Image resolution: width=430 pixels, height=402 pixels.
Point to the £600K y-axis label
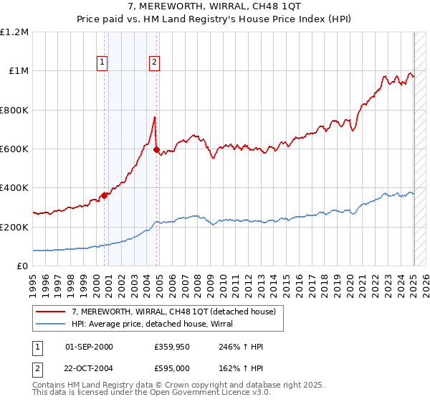pyautogui.click(x=14, y=149)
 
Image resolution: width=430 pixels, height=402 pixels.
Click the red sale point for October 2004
pyautogui.click(x=157, y=150)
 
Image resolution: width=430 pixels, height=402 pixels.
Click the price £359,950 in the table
pyautogui.click(x=170, y=347)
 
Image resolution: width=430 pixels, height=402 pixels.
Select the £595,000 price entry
pyautogui.click(x=170, y=368)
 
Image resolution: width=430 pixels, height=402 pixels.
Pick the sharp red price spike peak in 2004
pyautogui.click(x=154, y=117)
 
